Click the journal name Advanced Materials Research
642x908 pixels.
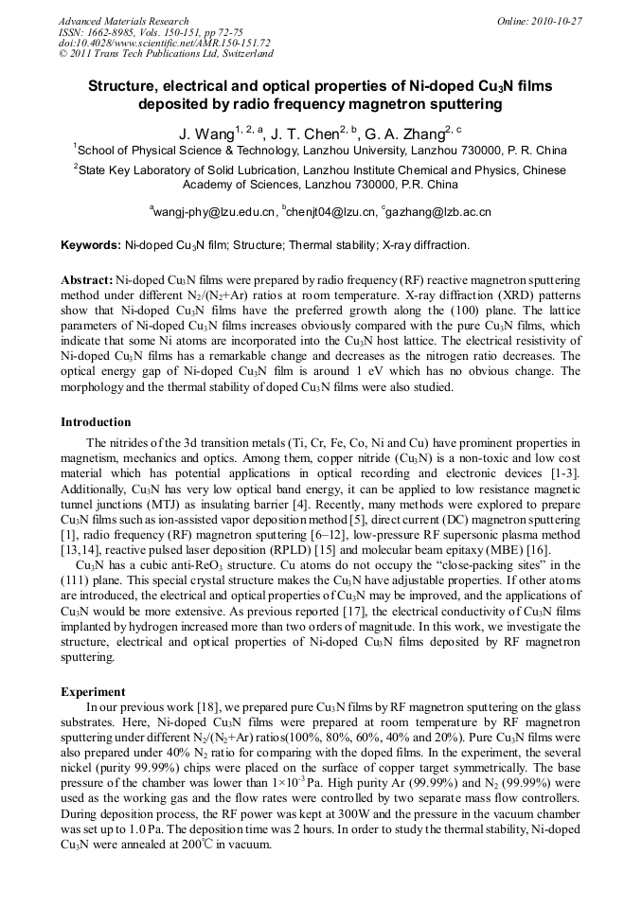pos(123,21)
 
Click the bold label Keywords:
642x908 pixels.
pos(91,245)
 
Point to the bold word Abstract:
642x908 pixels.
pos(87,282)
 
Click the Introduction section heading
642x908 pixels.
pos(96,422)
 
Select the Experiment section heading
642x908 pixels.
pos(93,692)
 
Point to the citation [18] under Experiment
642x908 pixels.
pos(207,707)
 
